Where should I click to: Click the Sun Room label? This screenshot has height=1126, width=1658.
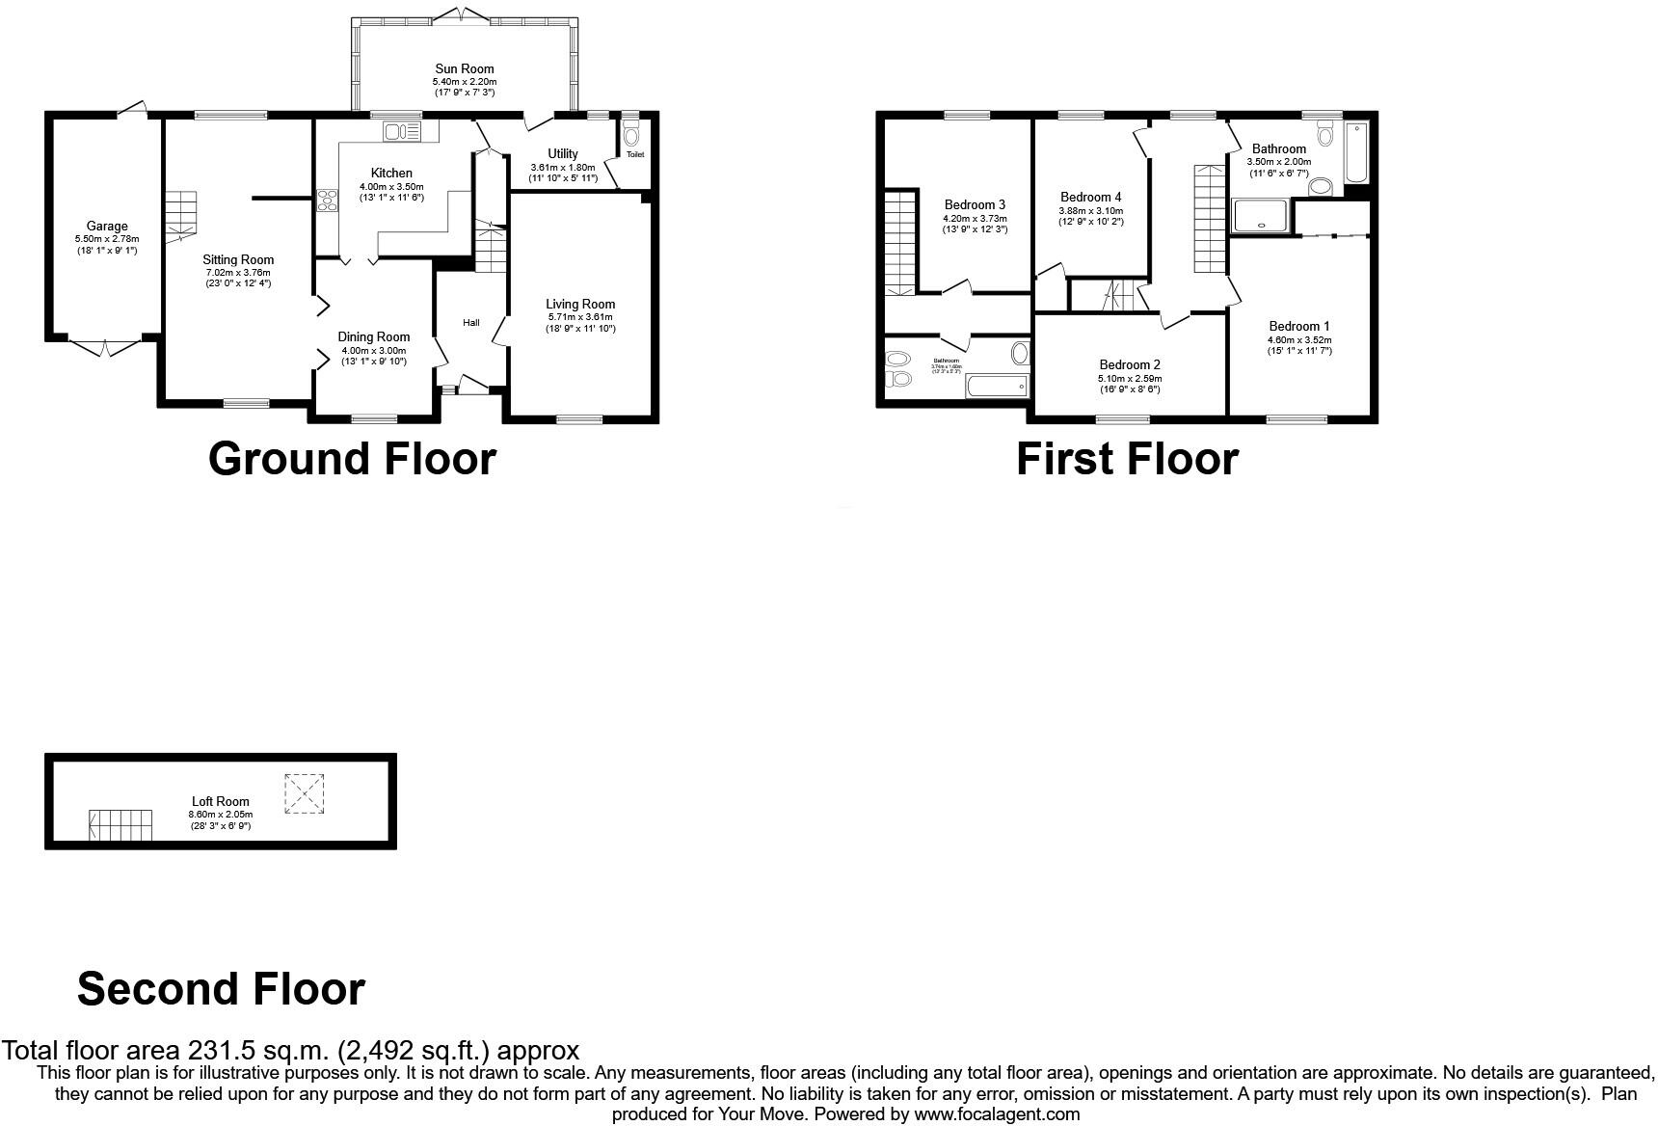tap(465, 68)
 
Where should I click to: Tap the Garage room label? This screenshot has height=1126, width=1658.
tap(107, 227)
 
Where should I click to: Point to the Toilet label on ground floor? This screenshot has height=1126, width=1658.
tap(635, 154)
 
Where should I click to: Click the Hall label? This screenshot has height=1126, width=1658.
tap(471, 322)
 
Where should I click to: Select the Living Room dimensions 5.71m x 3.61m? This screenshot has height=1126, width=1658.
tap(580, 317)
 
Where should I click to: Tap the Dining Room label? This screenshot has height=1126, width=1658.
tap(374, 336)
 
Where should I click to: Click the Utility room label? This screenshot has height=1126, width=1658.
tap(563, 153)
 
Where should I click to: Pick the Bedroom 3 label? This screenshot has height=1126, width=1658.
tap(975, 204)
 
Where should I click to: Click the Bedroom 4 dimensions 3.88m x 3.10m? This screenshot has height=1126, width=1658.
tap(1091, 210)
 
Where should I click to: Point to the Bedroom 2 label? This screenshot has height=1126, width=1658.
tap(1130, 364)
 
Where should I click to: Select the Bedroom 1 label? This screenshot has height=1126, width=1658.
tap(1299, 326)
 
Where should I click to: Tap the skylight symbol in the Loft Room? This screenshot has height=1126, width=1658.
tap(305, 794)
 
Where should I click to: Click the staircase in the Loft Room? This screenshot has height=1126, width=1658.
tap(121, 825)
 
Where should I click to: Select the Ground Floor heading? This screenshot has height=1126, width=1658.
tap(352, 459)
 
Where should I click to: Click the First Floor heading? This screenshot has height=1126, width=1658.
tap(1127, 459)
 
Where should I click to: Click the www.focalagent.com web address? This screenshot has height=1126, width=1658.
tap(998, 1114)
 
